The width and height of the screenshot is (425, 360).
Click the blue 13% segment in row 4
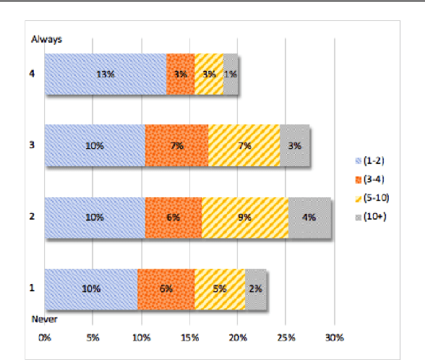106,74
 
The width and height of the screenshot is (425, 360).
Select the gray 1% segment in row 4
231,74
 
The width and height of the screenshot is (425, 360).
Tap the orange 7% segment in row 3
176,145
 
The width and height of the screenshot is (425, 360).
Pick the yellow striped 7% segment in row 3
244,145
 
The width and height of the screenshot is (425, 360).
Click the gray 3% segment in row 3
295,145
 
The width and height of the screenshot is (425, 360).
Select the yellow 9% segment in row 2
245,218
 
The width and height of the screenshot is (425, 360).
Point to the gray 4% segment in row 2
310,218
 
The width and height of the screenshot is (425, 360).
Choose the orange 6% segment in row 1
166,289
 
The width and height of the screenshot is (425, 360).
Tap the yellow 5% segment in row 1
220,289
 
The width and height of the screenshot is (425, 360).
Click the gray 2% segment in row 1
256,289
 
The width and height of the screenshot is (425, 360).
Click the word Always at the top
46,39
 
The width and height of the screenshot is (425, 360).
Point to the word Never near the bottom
44,319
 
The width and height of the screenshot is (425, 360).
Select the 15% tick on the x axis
189,338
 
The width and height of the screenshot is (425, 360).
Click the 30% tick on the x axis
334,338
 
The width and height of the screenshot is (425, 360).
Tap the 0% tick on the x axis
45,338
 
